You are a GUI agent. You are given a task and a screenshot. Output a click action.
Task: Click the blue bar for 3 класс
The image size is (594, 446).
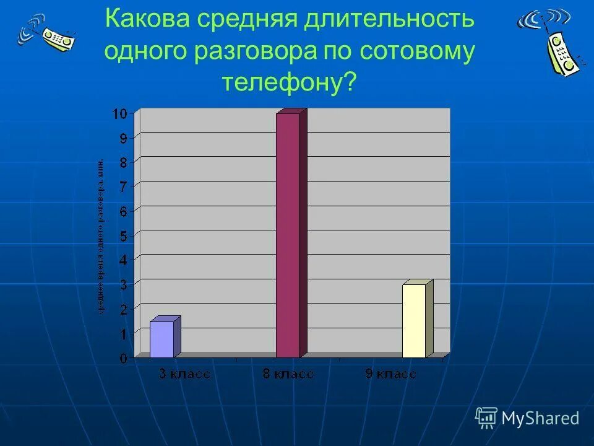162,339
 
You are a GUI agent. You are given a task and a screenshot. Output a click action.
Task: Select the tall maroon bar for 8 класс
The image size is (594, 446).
288,235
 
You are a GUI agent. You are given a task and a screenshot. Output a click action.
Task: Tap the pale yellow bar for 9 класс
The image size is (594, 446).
414,320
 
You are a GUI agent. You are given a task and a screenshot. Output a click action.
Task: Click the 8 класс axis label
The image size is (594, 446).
288,374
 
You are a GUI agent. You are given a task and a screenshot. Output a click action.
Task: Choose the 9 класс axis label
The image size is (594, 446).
390,374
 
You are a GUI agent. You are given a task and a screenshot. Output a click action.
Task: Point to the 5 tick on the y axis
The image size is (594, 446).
123,236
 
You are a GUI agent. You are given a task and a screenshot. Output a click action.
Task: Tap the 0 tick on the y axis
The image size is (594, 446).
123,358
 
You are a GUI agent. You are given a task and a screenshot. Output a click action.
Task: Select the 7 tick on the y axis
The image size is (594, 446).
123,186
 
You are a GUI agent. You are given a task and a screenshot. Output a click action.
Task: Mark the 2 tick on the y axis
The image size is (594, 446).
123,309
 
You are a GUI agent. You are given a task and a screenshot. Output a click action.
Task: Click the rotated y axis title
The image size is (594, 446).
100,235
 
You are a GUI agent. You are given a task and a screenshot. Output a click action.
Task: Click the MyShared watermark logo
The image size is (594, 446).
528,418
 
